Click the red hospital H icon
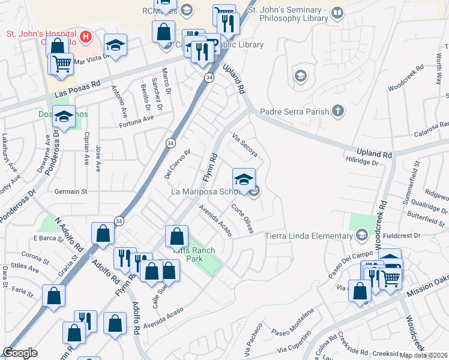pyautogui.click(x=85, y=37)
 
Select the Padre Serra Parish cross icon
pyautogui.click(x=338, y=111)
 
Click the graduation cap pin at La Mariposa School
pyautogui.click(x=244, y=179)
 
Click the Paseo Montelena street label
pyautogui.click(x=292, y=322)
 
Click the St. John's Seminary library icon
pyautogui.click(x=337, y=13)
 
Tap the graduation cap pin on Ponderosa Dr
pyautogui.click(x=64, y=118)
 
